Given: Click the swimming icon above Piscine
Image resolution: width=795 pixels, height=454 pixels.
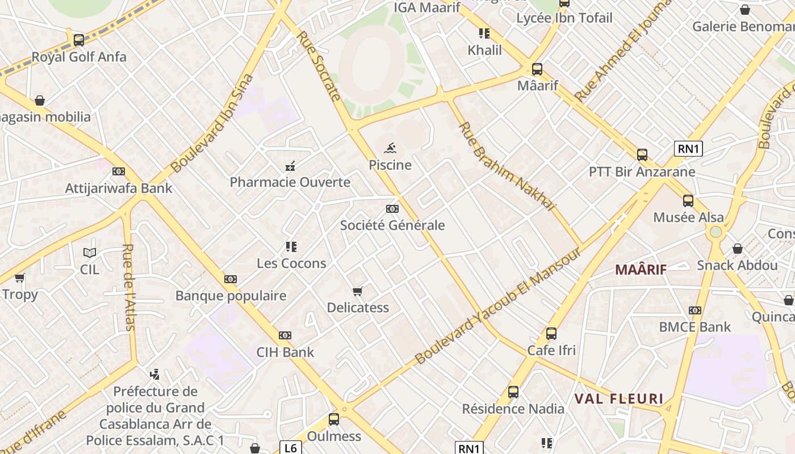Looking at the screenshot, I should coord(390,149).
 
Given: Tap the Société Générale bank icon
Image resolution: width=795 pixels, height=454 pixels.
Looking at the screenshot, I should coord(392,209).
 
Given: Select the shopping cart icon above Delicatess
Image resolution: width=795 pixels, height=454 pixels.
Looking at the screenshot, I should coord(357,291).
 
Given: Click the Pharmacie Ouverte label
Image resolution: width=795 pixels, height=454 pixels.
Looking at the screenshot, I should coord(290,182).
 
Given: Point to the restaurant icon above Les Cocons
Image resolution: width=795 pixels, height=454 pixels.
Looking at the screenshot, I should coord(291,247).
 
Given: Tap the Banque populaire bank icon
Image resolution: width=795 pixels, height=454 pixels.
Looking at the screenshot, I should coord(231,279).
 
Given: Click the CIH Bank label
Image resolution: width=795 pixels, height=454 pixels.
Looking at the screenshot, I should coord(285,352).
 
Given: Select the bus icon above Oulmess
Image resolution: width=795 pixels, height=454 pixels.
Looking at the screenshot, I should coord(334,419).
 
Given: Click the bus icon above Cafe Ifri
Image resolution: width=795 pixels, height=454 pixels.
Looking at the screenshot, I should coord(551,334).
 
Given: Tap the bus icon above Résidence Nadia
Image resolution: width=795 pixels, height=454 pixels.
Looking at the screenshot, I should coord(513,392).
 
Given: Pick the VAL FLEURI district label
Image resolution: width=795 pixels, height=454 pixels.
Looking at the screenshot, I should coord(618,398).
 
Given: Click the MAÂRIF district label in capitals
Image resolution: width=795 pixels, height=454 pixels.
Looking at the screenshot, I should coord(641,270).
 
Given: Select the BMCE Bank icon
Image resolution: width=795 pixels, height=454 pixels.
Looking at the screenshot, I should coord(695,310).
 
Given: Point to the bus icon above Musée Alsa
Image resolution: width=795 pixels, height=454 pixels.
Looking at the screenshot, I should coord(688,200).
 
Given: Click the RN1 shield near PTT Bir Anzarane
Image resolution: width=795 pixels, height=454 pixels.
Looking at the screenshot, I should coord(688,149).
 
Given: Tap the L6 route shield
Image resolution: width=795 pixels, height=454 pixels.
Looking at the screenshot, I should coord(290,448).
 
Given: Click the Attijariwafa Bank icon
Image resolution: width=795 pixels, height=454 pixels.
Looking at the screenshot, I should coord(119,171).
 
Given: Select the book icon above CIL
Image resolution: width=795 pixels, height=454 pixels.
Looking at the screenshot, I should coord(90,253).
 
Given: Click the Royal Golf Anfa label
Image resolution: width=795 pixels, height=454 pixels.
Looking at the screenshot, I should coord(79,57).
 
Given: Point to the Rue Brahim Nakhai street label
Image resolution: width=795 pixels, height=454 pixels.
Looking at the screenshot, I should coord(507,166).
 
